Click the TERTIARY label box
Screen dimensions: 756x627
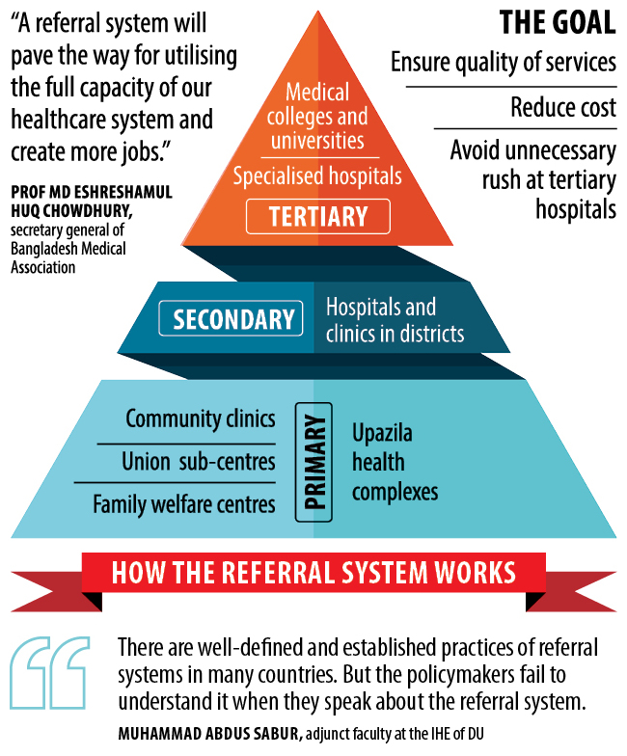pos(317,216)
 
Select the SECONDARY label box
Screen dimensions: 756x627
pos(233,318)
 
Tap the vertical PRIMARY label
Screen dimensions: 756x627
pos(313,462)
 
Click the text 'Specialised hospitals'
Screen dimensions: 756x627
pos(317,176)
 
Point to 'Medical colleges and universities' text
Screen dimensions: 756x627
pos(317,117)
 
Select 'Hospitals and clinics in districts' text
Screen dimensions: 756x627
pos(395,320)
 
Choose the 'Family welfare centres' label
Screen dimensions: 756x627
pos(183,503)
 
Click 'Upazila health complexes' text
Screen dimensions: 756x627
pos(395,462)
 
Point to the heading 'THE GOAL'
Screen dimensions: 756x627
pos(557,23)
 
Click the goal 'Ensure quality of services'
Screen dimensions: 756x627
pos(503,63)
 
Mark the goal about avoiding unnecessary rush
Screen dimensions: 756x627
pos(532,179)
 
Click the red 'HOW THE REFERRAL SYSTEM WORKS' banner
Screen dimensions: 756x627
pos(313,572)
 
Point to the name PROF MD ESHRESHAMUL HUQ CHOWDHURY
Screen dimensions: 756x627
pos(92,202)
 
